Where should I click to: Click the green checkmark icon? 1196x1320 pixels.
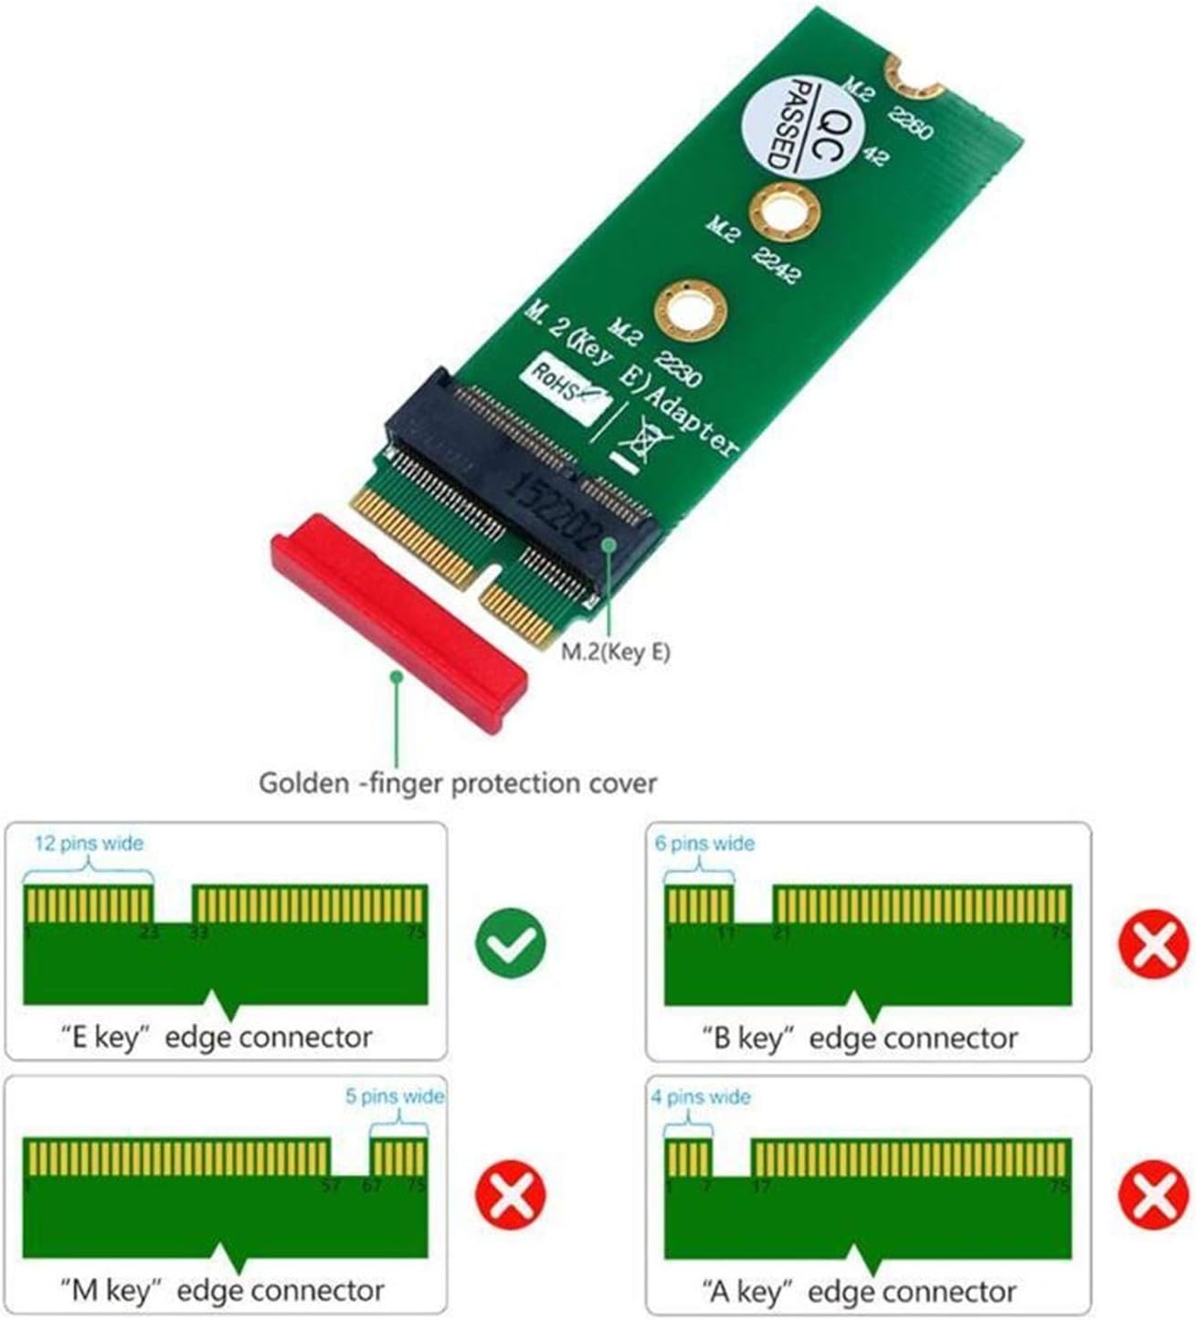tap(511, 940)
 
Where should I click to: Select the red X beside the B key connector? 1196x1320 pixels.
tap(1154, 940)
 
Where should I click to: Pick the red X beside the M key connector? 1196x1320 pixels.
tap(511, 1195)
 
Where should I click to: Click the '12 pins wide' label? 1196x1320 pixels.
tap(89, 842)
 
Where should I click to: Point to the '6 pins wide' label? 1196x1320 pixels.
tap(704, 842)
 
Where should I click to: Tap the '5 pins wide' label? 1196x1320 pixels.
tap(395, 1096)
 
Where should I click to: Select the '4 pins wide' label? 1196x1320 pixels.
tap(700, 1096)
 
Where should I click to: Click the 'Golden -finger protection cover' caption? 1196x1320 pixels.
tap(458, 783)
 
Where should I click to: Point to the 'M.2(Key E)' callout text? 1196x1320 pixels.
tap(615, 652)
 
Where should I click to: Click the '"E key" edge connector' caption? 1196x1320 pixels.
tap(217, 1038)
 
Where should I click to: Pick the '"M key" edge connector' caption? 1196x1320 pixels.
tap(221, 1291)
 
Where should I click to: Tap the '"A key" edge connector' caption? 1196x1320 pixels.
tap(859, 1291)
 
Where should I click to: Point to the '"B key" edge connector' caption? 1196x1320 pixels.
tap(859, 1038)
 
